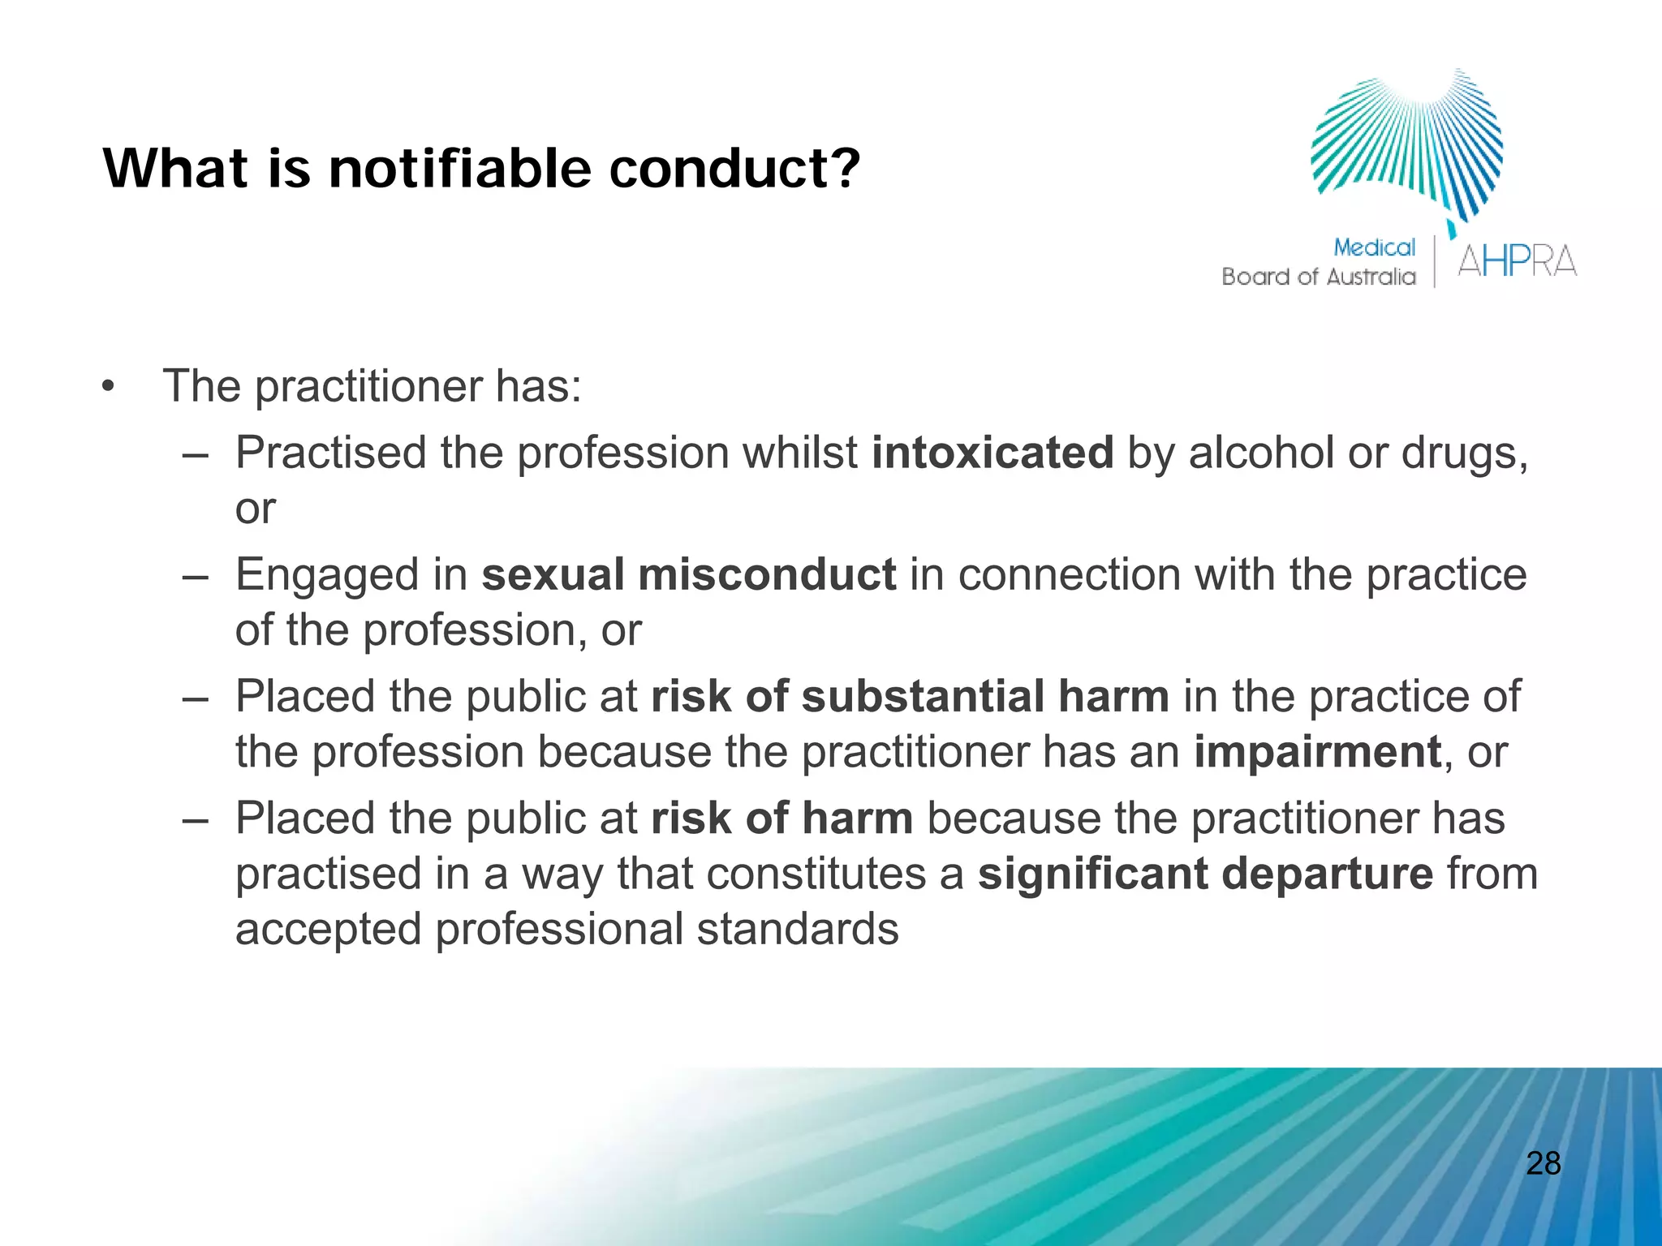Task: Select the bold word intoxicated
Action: pos(992,453)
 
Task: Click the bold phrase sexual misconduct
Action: pos(688,574)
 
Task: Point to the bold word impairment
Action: pos(1317,752)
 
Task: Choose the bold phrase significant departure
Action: pos(1205,874)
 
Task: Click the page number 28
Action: pos(1543,1163)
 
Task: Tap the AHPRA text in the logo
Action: pos(1516,261)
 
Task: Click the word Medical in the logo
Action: pos(1374,247)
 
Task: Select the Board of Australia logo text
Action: pos(1318,277)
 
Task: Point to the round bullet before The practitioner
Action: pos(109,387)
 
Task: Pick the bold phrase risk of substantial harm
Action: pos(909,696)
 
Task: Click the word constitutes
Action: pos(816,874)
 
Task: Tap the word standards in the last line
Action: pos(797,929)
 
